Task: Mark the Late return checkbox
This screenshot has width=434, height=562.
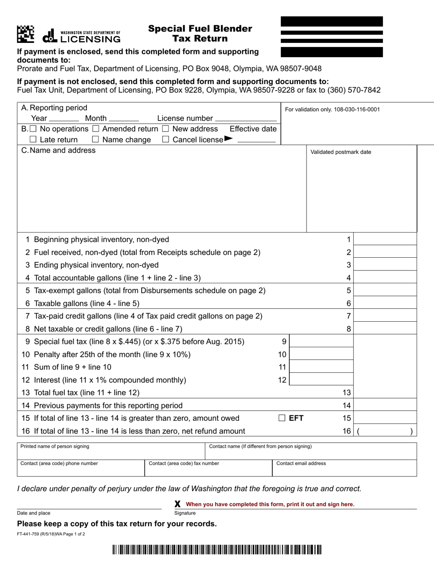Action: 33,139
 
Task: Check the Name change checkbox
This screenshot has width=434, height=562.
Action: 95,139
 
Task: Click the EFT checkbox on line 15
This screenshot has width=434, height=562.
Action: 282,418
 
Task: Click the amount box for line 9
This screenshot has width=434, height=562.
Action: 322,341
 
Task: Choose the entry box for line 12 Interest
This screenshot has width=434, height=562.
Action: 322,380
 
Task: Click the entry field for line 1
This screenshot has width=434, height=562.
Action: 385,239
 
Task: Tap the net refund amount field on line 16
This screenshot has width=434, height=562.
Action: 385,431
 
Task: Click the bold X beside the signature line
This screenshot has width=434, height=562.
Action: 178,504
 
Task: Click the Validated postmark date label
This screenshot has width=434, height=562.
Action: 341,152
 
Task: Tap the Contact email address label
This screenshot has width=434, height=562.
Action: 301,463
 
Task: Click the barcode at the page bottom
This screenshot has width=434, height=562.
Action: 217,550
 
